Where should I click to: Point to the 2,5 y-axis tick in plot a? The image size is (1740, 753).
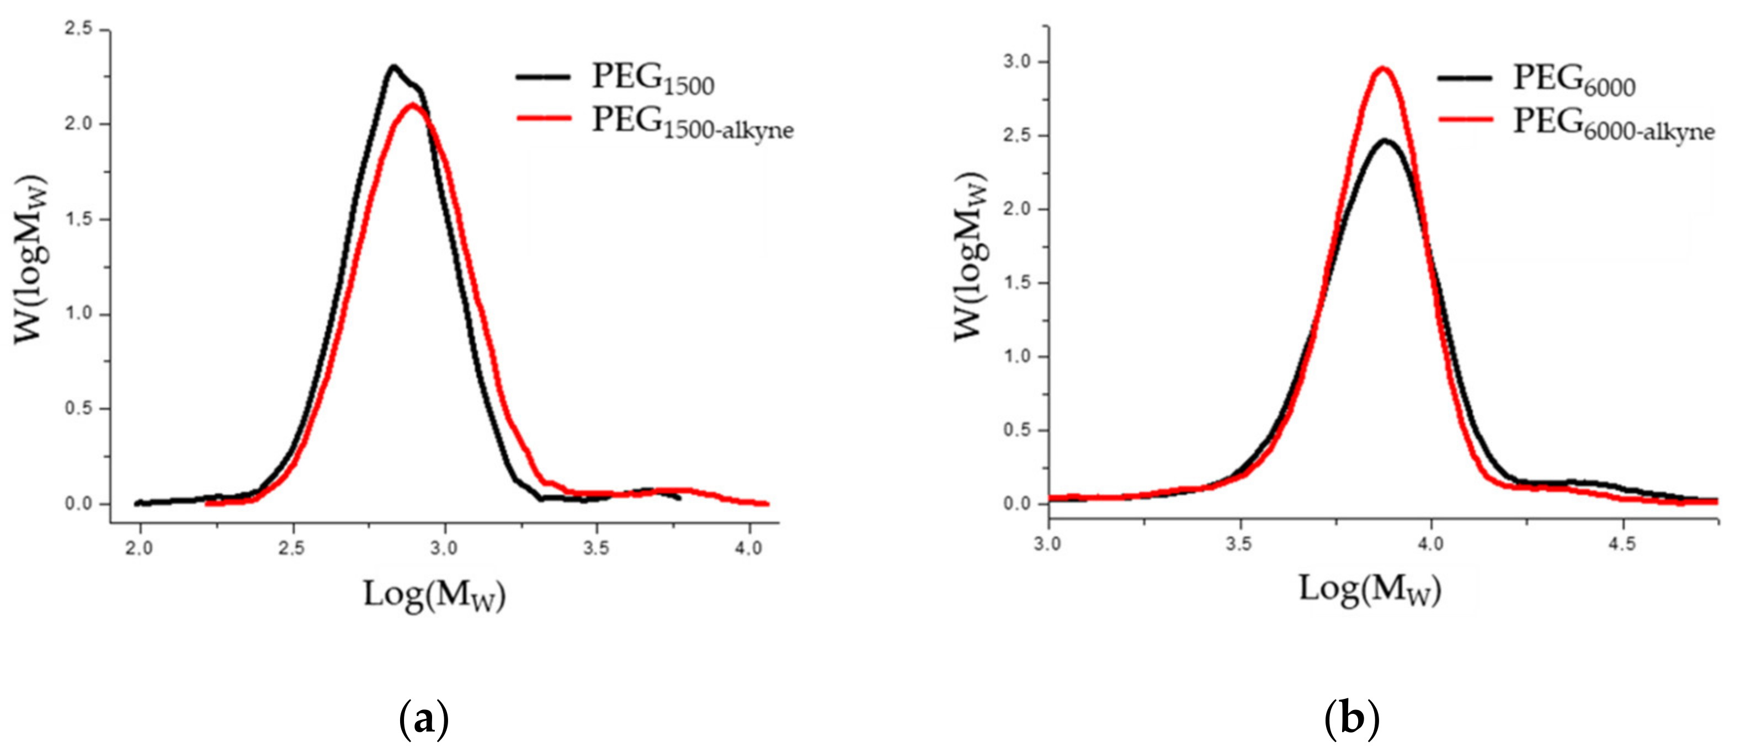coord(79,30)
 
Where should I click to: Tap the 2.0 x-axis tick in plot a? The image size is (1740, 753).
coord(140,548)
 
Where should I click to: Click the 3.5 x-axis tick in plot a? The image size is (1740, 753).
coord(596,548)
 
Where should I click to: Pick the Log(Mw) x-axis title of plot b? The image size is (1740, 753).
coord(1370,590)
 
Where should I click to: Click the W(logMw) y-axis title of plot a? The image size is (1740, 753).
coord(31,259)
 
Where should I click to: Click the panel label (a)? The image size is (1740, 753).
coord(423,720)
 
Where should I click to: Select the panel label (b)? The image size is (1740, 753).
coord(1351,720)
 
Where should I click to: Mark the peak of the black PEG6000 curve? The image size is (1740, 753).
coord(1385,141)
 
